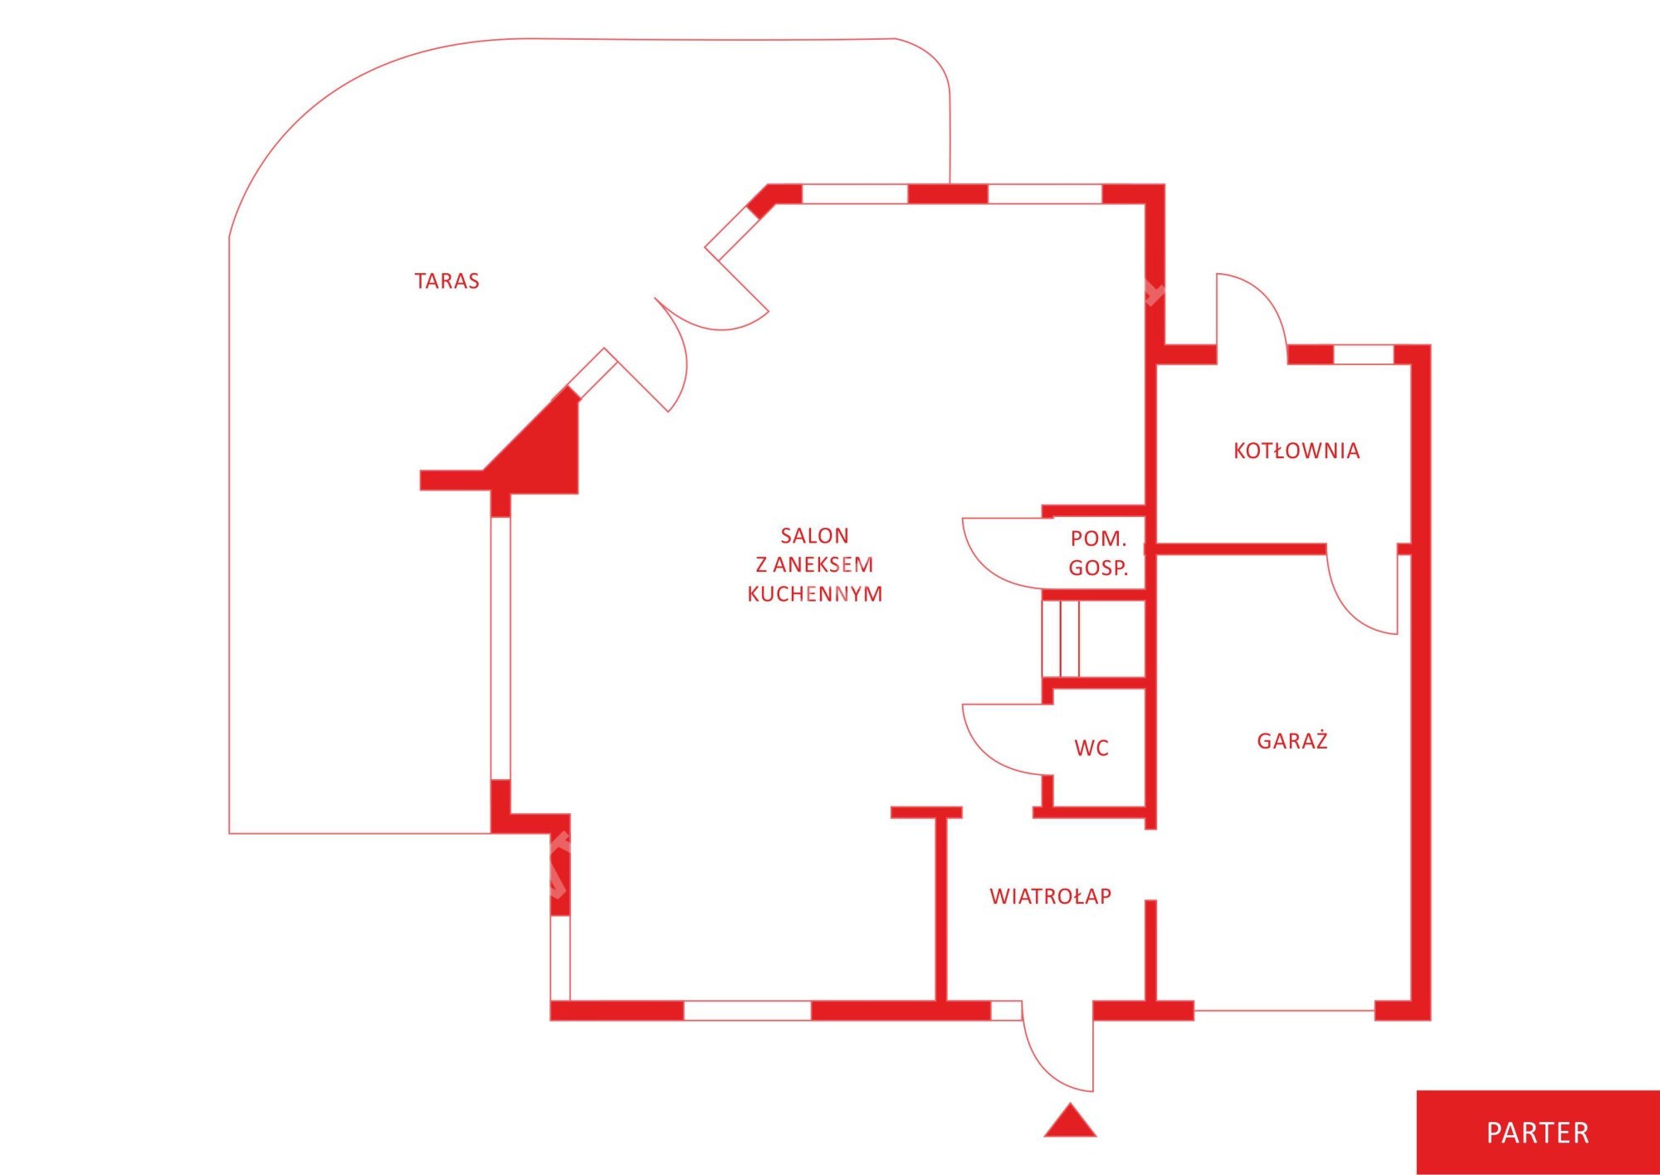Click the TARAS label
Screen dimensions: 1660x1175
[447, 281]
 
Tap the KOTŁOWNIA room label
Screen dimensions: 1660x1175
[1296, 451]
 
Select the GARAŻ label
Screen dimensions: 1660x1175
[1292, 740]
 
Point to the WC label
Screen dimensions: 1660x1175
[1091, 748]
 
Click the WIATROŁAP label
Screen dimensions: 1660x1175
[1051, 896]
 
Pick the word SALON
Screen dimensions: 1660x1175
[814, 536]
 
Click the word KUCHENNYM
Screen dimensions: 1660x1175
[814, 594]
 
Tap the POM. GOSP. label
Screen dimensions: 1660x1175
[1098, 553]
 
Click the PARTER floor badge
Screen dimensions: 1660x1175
[1538, 1133]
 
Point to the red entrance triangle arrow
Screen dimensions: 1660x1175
[1070, 1122]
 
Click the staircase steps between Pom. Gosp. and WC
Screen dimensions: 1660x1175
[1061, 638]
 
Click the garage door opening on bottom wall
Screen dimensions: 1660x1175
[1285, 1011]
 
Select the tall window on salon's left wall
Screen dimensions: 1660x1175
[500, 648]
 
